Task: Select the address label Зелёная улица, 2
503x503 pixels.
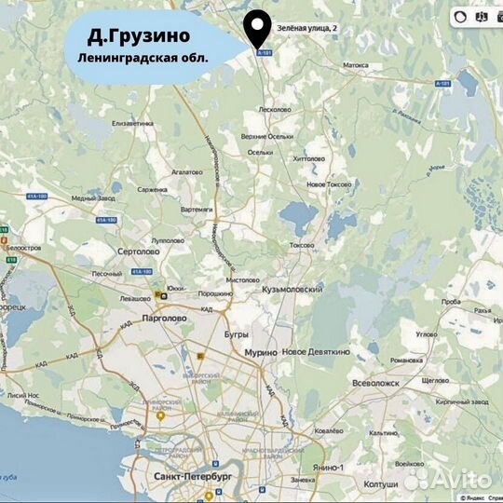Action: [x=306, y=30]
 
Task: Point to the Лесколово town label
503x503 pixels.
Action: [x=274, y=109]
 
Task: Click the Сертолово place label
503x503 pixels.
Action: [x=140, y=251]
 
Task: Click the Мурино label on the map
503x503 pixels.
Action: [x=259, y=353]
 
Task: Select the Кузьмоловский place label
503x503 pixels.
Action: [x=294, y=290]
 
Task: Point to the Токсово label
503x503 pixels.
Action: [x=302, y=246]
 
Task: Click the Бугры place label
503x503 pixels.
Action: [x=238, y=333]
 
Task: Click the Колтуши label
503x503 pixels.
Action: [x=381, y=484]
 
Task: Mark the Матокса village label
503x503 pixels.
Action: [x=356, y=66]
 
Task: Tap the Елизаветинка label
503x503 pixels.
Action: [x=131, y=123]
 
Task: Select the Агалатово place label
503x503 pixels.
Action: [x=187, y=172]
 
